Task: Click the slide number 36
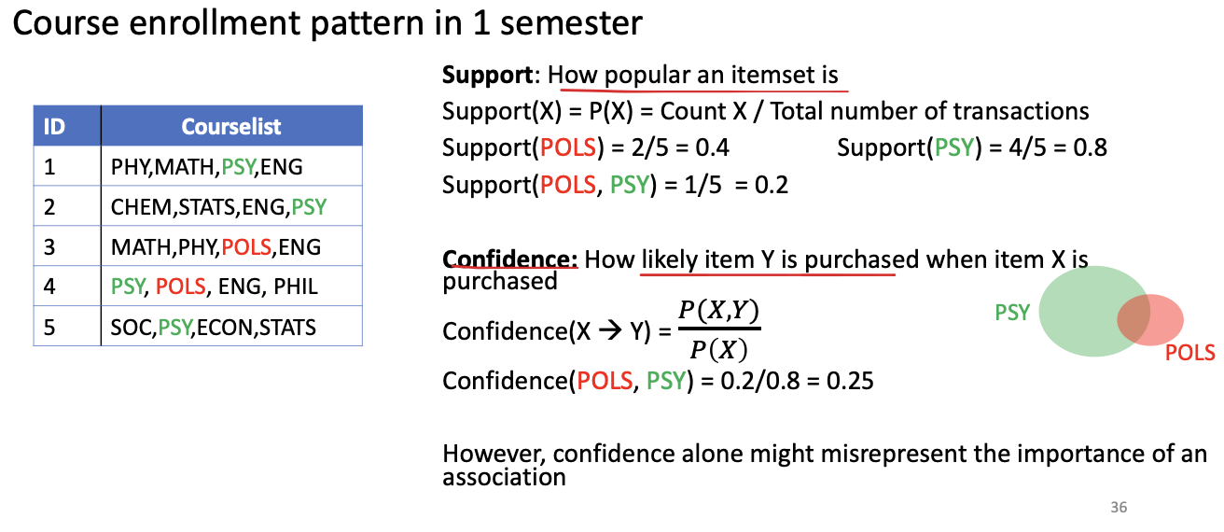point(1119,507)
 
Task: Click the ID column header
point(54,127)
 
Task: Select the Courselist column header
point(231,127)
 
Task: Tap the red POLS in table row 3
point(246,247)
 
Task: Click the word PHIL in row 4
point(296,287)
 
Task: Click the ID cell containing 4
point(49,287)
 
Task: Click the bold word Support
point(487,75)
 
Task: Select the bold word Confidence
point(509,259)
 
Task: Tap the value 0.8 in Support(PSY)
point(1090,147)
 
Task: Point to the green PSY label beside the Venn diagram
point(1012,313)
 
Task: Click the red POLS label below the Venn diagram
point(1190,353)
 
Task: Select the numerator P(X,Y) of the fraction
point(718,311)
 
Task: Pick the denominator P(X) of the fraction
point(718,349)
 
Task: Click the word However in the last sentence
point(494,455)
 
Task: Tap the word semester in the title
point(571,23)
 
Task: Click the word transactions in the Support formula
point(1021,112)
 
